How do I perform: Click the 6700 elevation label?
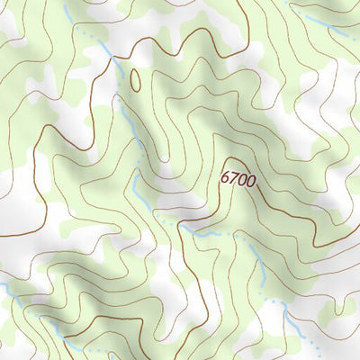(238, 179)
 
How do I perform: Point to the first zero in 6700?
(242, 180)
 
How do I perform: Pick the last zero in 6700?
(251, 181)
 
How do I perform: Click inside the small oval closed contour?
(136, 80)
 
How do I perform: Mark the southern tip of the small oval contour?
(137, 91)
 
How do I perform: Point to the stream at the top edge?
(69, 7)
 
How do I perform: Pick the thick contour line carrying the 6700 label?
(270, 216)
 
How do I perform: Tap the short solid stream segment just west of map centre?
(135, 180)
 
